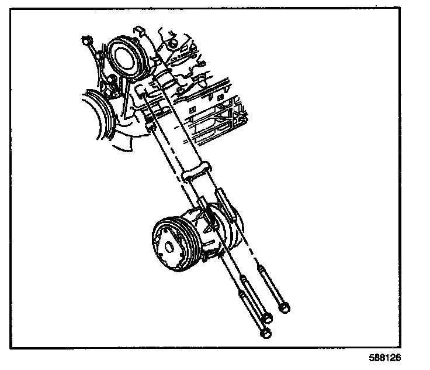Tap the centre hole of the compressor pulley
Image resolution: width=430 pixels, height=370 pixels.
(x=168, y=246)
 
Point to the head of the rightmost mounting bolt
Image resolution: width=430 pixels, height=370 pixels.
(x=285, y=306)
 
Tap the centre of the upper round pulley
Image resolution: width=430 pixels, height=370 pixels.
(x=125, y=56)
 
